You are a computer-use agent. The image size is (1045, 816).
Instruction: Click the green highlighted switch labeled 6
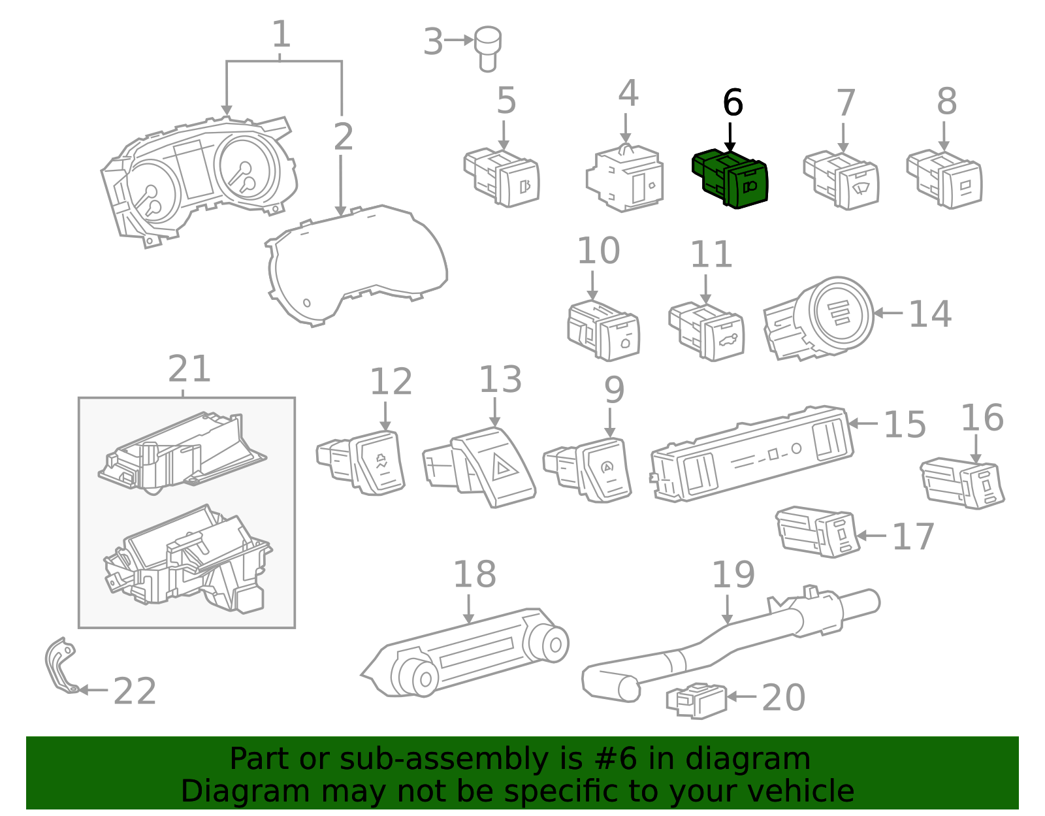pos(731,178)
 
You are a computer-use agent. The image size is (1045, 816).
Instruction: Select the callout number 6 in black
pos(733,103)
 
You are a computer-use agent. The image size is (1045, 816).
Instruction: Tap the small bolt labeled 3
pos(487,47)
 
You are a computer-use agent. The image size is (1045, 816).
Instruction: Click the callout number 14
pos(930,314)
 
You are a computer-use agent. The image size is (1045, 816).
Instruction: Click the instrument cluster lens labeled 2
pos(356,265)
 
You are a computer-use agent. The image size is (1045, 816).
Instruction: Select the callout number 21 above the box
pos(189,370)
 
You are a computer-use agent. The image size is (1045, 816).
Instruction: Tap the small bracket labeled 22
pos(60,665)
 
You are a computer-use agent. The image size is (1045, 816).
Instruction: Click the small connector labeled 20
pos(697,701)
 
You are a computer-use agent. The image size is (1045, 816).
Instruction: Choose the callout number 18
pos(475,575)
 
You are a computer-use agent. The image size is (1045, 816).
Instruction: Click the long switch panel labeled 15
pos(751,454)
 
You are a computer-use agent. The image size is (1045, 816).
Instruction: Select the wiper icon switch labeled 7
pos(843,181)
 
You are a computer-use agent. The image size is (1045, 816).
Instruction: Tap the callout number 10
pos(598,252)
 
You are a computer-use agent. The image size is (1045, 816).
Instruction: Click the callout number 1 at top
pos(281,35)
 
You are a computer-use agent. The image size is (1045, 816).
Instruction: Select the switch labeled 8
pos(946,180)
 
